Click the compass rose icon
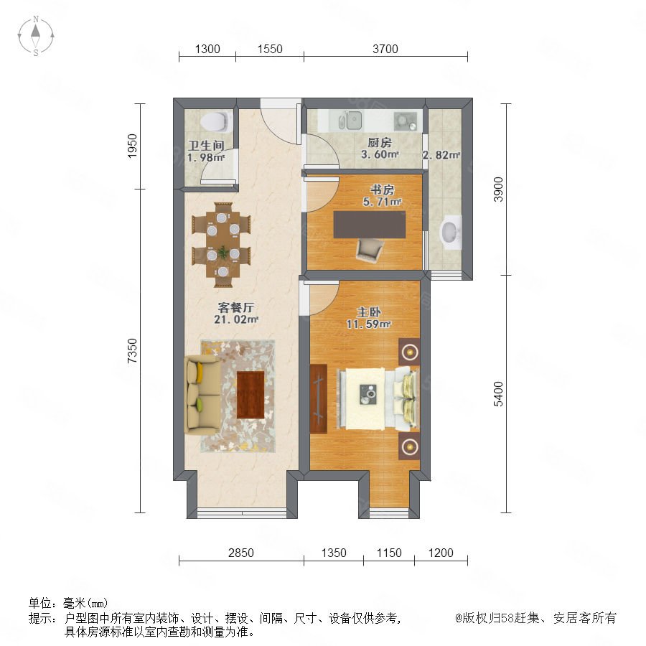pyautogui.click(x=36, y=36)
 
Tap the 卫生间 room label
pyautogui.click(x=207, y=145)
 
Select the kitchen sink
pyautogui.click(x=350, y=121)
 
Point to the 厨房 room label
pyautogui.click(x=380, y=143)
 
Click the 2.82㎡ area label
pyautogui.click(x=441, y=155)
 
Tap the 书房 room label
pyautogui.click(x=382, y=189)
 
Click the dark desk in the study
pyautogui.click(x=370, y=225)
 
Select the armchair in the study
pyautogui.click(x=370, y=250)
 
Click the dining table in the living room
pyautogui.click(x=223, y=244)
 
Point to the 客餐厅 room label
pyautogui.click(x=236, y=307)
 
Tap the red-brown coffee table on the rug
pyautogui.click(x=251, y=395)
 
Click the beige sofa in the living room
pyautogui.click(x=202, y=395)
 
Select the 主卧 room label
pyautogui.click(x=369, y=312)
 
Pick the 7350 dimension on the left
pyautogui.click(x=132, y=350)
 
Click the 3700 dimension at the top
pyautogui.click(x=385, y=49)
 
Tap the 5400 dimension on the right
pyautogui.click(x=499, y=394)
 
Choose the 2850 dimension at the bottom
pyautogui.click(x=241, y=553)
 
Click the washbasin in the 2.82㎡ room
pyautogui.click(x=450, y=233)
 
